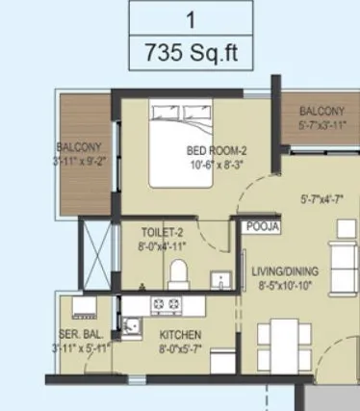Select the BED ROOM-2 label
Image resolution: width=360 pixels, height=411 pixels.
[217, 150]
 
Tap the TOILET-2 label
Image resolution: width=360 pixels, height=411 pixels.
[155, 232]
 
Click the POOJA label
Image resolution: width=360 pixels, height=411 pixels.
[262, 227]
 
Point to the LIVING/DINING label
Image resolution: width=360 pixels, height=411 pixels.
[284, 271]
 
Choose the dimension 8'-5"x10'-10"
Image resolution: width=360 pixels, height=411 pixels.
[284, 285]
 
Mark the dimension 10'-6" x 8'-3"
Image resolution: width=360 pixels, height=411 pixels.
[217, 164]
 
